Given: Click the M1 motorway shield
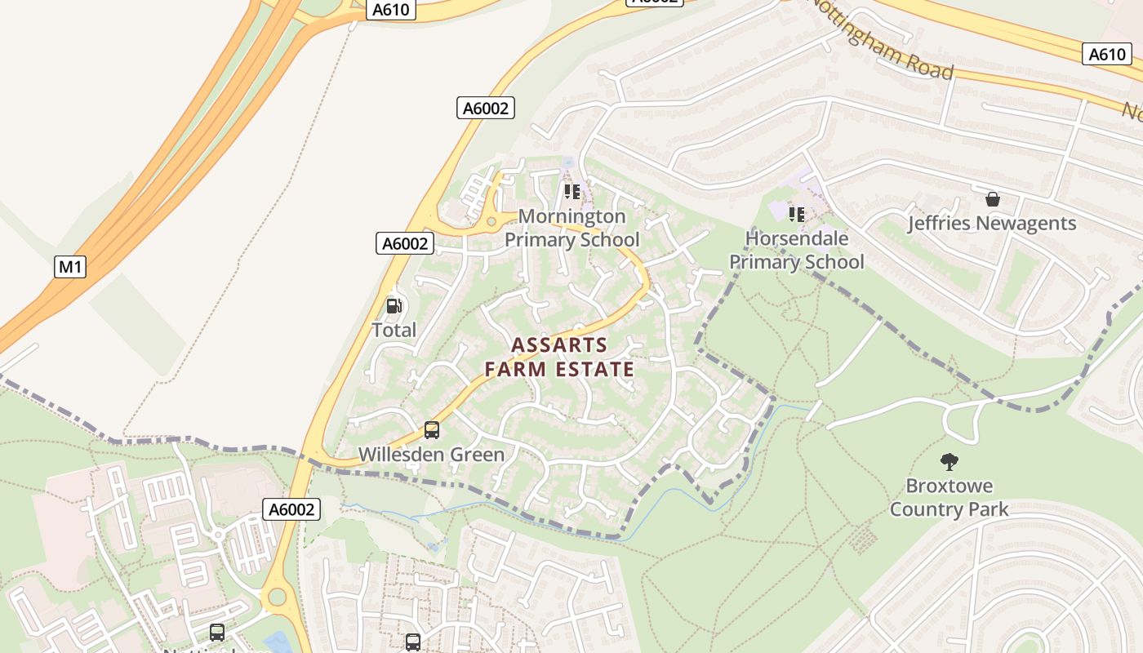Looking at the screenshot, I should click(70, 266).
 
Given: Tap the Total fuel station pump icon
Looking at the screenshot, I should click(394, 306).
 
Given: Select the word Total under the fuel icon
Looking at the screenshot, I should click(394, 330).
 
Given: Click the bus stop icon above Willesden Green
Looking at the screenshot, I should click(431, 429).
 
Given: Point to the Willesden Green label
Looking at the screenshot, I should click(431, 455).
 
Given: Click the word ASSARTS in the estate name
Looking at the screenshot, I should click(559, 344).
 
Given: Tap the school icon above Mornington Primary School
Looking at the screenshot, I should click(571, 192).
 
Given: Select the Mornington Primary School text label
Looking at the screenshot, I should click(571, 228).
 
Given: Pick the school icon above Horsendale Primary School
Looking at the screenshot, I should click(796, 214).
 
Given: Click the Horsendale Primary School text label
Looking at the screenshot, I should click(796, 250).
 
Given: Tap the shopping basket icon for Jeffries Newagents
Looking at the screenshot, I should click(993, 198).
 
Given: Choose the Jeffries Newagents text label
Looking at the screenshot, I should click(992, 223).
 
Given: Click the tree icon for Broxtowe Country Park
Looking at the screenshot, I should click(949, 462).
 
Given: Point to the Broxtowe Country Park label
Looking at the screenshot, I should click(949, 497).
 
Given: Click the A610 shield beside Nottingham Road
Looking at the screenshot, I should click(1107, 54).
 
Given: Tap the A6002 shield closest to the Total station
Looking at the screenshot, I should click(406, 243).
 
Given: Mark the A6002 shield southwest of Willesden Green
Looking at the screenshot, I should click(291, 509).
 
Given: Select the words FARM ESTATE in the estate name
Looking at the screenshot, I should click(559, 369).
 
